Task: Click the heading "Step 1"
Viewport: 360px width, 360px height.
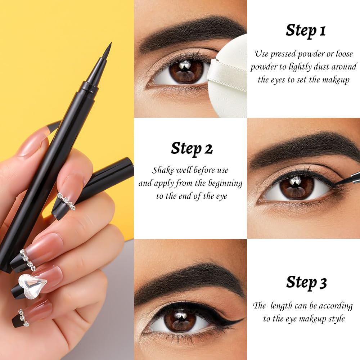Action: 306,31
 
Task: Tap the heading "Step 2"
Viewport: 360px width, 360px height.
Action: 192,149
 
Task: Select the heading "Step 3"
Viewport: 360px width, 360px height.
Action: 306,282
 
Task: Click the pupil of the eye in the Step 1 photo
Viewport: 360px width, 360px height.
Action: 185,70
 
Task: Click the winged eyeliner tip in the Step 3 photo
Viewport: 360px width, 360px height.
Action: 244,319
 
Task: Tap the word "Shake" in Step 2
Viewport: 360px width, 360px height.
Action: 163,170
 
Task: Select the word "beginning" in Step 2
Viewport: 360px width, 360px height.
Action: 225,184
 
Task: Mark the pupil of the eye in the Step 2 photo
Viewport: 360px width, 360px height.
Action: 297,185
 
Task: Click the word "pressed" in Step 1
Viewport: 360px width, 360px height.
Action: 283,54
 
